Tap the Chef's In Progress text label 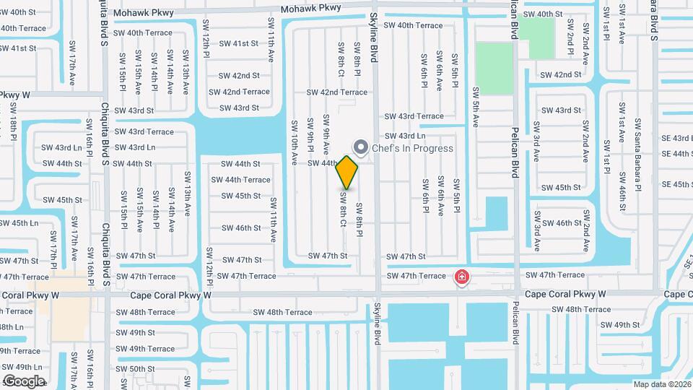tap(412, 149)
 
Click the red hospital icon tap(461, 277)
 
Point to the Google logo tap(24, 381)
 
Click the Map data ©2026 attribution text tap(661, 384)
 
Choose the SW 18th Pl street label tap(14, 121)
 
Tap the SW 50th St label tap(135, 369)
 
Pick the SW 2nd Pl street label tap(570, 45)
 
